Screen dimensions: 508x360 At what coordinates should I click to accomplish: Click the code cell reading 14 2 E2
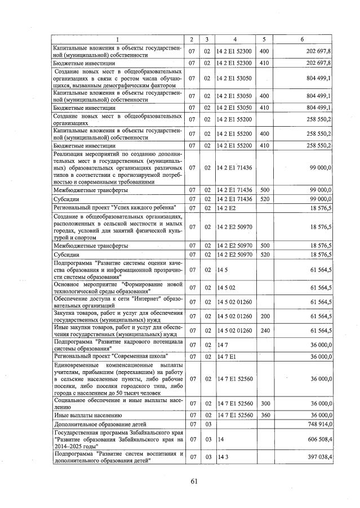click(x=226, y=208)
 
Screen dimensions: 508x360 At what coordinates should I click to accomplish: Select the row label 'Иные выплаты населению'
click(x=82, y=415)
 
